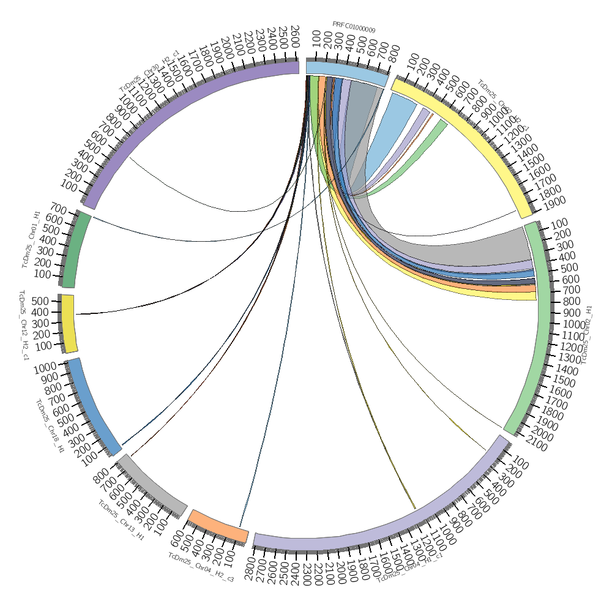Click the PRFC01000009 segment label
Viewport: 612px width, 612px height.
(x=354, y=27)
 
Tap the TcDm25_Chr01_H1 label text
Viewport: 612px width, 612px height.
(x=31, y=239)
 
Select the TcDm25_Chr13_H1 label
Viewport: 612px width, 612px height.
(x=121, y=521)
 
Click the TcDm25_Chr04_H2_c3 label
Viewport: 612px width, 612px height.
(x=201, y=567)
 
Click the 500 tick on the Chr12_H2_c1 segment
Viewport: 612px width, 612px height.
(x=42, y=301)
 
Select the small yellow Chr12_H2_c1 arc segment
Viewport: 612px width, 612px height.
(x=69, y=324)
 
